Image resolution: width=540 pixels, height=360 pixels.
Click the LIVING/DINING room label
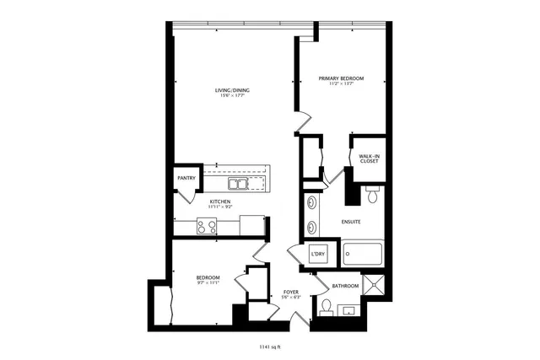point(231,90)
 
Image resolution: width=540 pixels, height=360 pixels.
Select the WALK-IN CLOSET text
point(369,159)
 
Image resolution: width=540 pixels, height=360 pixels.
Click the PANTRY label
point(186,179)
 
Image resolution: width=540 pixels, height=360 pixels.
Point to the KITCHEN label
point(220,202)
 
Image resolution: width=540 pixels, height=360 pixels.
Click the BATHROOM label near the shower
point(345,287)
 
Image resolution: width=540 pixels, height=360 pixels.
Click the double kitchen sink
point(237,183)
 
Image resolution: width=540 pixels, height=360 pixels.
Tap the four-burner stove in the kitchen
point(208,225)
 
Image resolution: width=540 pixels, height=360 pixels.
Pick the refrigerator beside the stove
point(251,225)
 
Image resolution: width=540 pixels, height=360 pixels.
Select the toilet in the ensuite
point(372,196)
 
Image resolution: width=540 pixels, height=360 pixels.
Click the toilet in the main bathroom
point(325,304)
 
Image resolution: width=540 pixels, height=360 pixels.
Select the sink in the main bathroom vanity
point(348,311)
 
